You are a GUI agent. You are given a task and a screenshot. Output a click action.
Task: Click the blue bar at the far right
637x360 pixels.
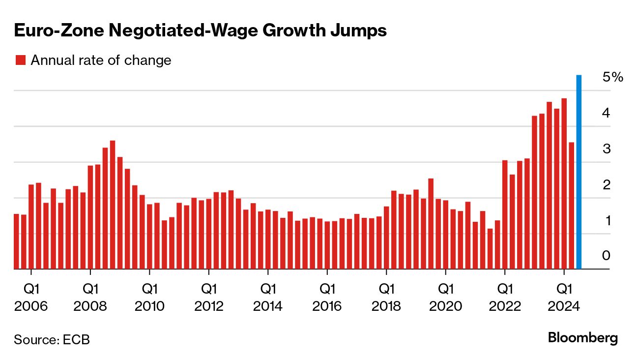point(579,172)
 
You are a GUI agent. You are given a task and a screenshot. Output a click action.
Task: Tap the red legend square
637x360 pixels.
point(20,60)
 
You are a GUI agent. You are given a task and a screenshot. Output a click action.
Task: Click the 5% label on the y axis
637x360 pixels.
point(612,77)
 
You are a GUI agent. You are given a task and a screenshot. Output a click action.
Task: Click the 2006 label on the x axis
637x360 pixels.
point(31,306)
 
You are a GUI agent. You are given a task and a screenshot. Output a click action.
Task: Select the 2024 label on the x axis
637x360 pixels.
point(564,306)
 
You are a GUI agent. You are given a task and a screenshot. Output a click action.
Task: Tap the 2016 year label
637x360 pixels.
point(327,306)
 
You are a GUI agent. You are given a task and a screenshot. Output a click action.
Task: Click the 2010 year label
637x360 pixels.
point(149,306)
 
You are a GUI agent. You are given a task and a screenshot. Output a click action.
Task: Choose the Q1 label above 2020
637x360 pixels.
point(445,287)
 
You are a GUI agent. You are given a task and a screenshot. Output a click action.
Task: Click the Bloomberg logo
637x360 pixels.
point(582,338)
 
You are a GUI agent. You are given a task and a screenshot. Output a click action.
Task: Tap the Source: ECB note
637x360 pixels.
point(52,339)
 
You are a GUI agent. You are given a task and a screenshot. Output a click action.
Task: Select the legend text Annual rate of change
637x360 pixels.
point(101,60)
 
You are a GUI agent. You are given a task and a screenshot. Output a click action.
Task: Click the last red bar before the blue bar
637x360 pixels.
point(572,206)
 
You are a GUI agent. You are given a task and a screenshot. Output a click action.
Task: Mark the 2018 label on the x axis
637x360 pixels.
point(386,306)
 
